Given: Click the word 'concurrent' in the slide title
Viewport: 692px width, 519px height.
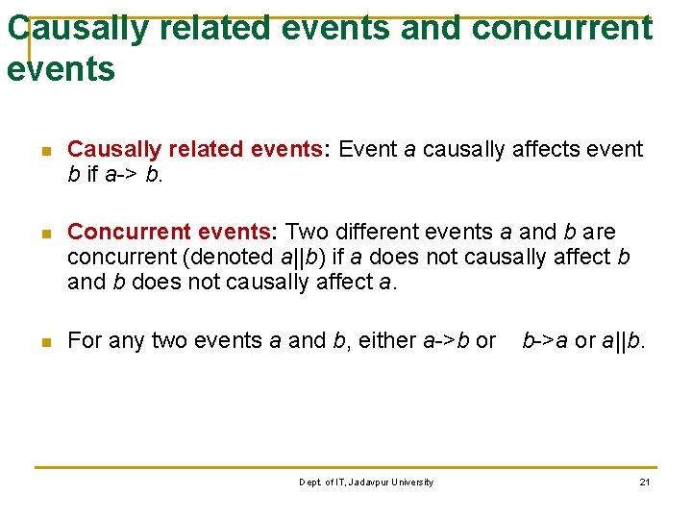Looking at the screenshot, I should (562, 29).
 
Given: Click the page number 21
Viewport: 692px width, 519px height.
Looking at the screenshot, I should (645, 482).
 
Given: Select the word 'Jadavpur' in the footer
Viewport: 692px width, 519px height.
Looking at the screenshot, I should (361, 482).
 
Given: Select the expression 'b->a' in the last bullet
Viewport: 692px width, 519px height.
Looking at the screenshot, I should (545, 340).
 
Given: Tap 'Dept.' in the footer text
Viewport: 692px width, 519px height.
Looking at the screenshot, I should (311, 482).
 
